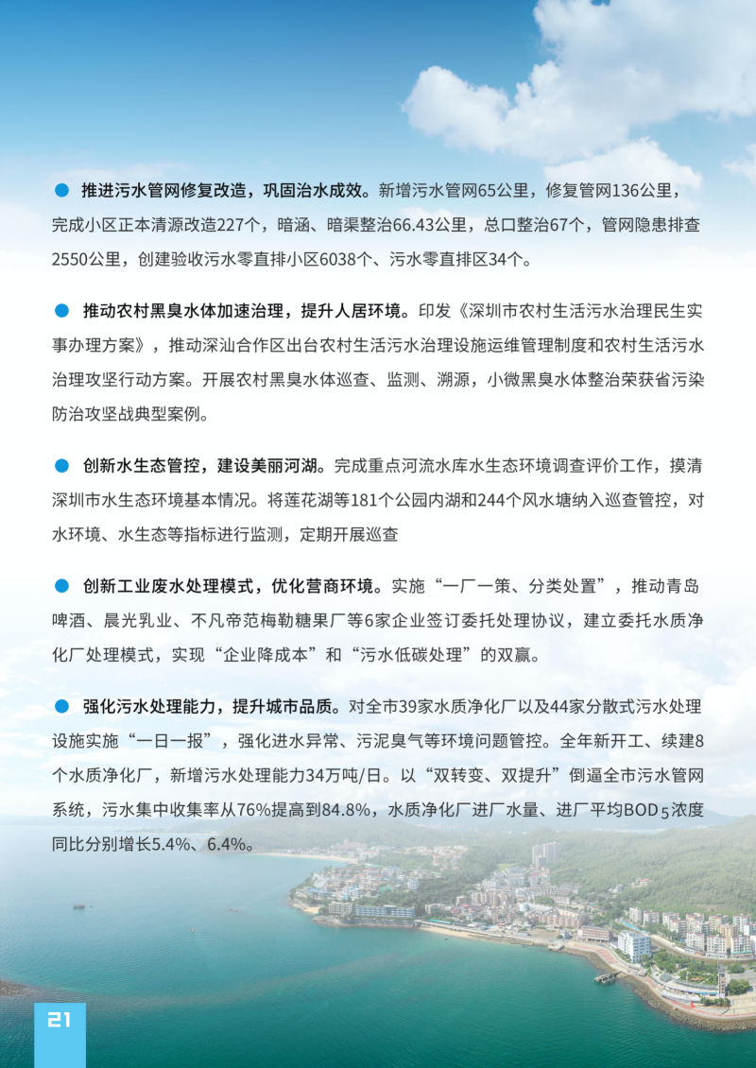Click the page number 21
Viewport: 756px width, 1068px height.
[x=60, y=1019]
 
